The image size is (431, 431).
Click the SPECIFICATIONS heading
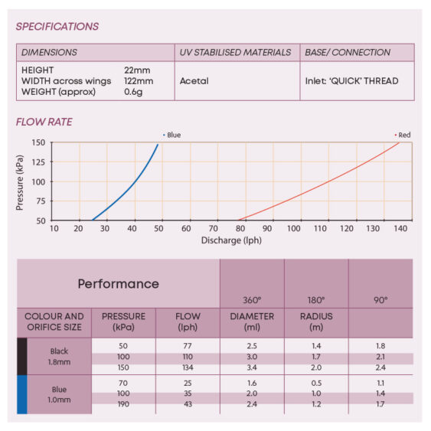pyautogui.click(x=57, y=26)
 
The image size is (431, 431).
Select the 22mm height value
pyautogui.click(x=137, y=70)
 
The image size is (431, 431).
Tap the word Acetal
pyautogui.click(x=194, y=81)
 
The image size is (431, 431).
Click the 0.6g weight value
pyautogui.click(x=133, y=92)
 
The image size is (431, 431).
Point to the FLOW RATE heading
pyautogui.click(x=44, y=122)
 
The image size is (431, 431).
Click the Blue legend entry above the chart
pyautogui.click(x=171, y=135)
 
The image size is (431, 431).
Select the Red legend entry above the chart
pyautogui.click(x=403, y=135)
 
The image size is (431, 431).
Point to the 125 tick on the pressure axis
pyautogui.click(x=38, y=162)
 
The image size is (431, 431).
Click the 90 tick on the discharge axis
pyautogui.click(x=267, y=228)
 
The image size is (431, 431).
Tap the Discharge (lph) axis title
pyautogui.click(x=231, y=240)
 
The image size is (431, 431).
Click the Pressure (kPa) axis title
pyautogui.click(x=19, y=183)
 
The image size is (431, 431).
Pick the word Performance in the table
pyautogui.click(x=119, y=284)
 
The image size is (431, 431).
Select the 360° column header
pyautogui.click(x=252, y=300)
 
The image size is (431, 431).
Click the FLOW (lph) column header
pyautogui.click(x=188, y=322)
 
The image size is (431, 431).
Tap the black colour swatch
pyautogui.click(x=22, y=356)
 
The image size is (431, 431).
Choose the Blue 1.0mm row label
pyautogui.click(x=59, y=394)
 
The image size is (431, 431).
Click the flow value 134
pyautogui.click(x=188, y=367)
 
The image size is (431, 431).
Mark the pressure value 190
pyautogui.click(x=123, y=404)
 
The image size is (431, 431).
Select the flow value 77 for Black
pyautogui.click(x=188, y=346)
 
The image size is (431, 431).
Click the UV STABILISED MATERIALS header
pyautogui.click(x=235, y=52)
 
